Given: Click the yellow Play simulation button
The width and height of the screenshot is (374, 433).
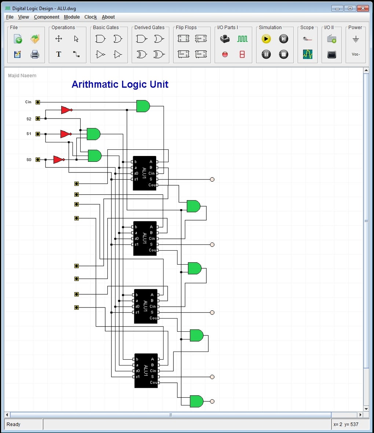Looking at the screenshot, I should coord(266,39).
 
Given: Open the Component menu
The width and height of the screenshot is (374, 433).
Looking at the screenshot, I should coord(47,17).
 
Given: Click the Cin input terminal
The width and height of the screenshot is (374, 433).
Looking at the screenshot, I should coord(38,102).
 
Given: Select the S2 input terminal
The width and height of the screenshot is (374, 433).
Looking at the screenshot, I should coord(38,119).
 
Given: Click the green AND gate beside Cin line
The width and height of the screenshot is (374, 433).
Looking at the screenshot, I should coord(143,106).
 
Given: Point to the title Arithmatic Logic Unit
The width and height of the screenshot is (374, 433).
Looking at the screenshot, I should coord(120,84).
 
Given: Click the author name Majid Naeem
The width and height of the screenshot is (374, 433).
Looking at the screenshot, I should coord(22,76).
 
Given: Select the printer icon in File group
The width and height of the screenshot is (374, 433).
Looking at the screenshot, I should coord(35,55).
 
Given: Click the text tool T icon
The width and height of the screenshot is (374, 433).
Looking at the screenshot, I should coord(59,54).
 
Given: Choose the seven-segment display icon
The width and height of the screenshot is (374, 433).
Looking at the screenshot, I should coord(242,54).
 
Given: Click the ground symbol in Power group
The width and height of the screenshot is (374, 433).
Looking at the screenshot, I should coord(355,39).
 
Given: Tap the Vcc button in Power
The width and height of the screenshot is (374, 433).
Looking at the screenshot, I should coord(355,54).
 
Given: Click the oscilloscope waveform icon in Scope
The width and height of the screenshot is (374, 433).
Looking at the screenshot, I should coord(307,54).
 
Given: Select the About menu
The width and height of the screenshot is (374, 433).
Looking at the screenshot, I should coord(108,17).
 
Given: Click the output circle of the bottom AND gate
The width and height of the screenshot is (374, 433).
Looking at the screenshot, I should coord(212,401).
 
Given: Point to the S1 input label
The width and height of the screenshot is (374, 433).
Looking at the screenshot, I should coord(29,134).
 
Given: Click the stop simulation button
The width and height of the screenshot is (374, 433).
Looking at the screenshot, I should coord(283,54).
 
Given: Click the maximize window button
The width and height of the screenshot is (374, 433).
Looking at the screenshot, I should coord(350,8).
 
